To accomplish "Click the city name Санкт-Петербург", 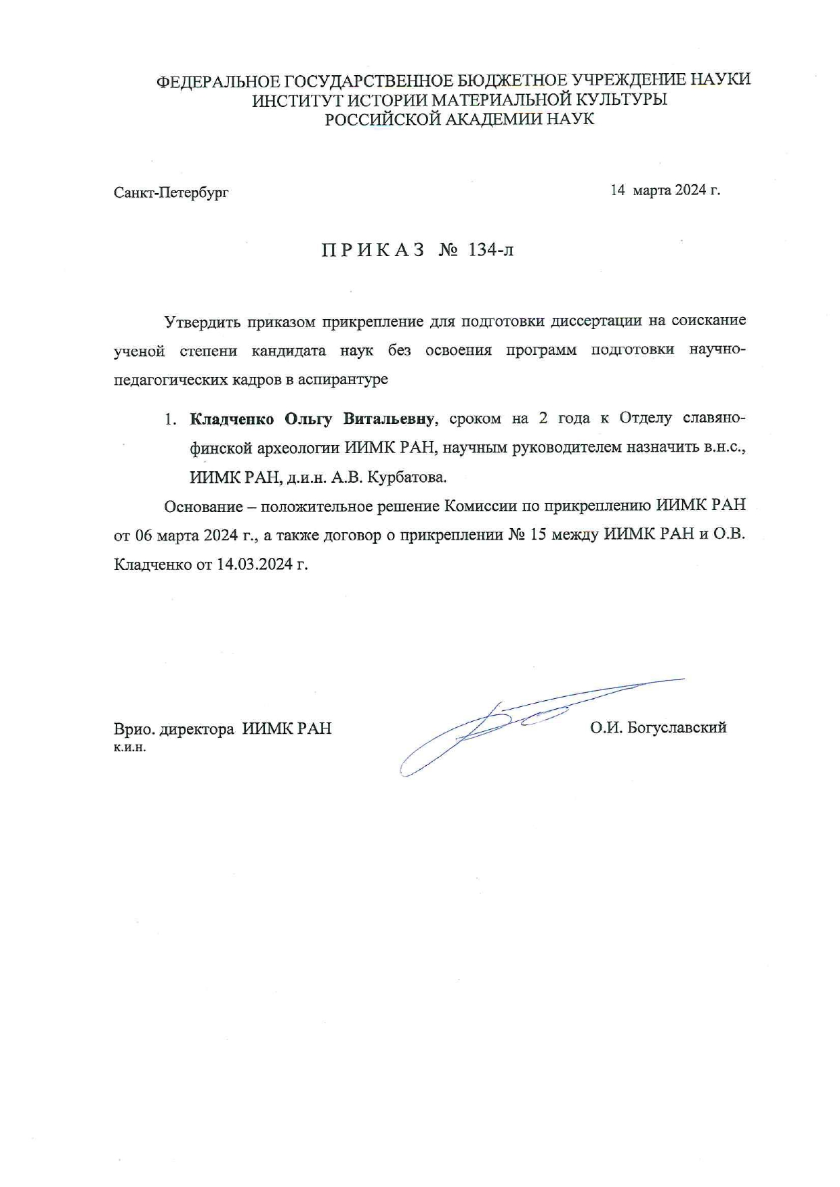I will pos(171,193).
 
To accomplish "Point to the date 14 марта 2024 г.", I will pos(665,190).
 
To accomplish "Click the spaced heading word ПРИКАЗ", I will pos(373,251).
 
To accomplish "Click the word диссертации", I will pos(596,321).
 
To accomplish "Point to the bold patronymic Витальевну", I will pos(387,419).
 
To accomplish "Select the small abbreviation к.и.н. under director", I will pos(130,748).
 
